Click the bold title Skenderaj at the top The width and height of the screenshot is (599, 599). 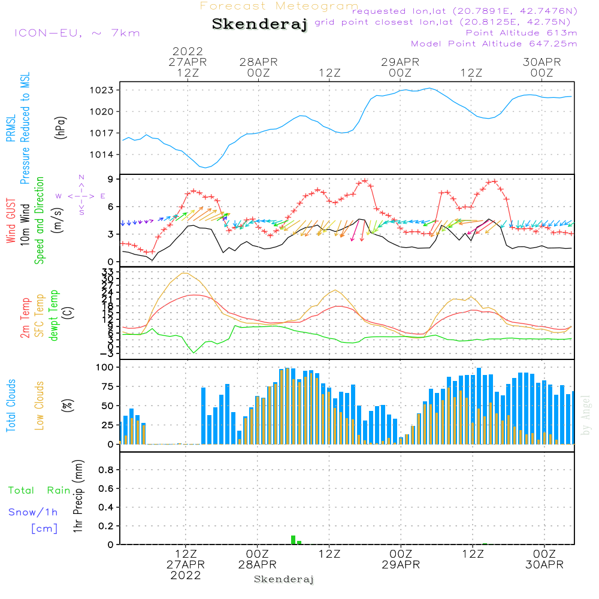tap(259, 25)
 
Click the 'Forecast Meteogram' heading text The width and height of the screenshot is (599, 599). tap(279, 6)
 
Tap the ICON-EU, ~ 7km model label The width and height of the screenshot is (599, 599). tap(77, 32)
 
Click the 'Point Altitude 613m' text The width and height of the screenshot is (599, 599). tap(521, 32)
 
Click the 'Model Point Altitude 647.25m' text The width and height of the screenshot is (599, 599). tap(494, 43)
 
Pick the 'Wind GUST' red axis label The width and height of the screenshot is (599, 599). tap(11, 222)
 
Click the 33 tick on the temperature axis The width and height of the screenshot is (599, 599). tap(108, 272)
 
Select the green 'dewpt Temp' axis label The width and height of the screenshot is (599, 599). tap(54, 316)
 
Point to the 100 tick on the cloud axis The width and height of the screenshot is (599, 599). tap(105, 367)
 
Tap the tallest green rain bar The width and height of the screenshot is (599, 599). tap(293, 540)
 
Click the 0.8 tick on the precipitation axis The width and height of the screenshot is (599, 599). tap(106, 470)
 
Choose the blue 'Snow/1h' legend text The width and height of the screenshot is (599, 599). tap(33, 513)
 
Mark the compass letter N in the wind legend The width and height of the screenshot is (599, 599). tap(81, 177)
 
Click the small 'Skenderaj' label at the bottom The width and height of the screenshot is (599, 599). tap(284, 579)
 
